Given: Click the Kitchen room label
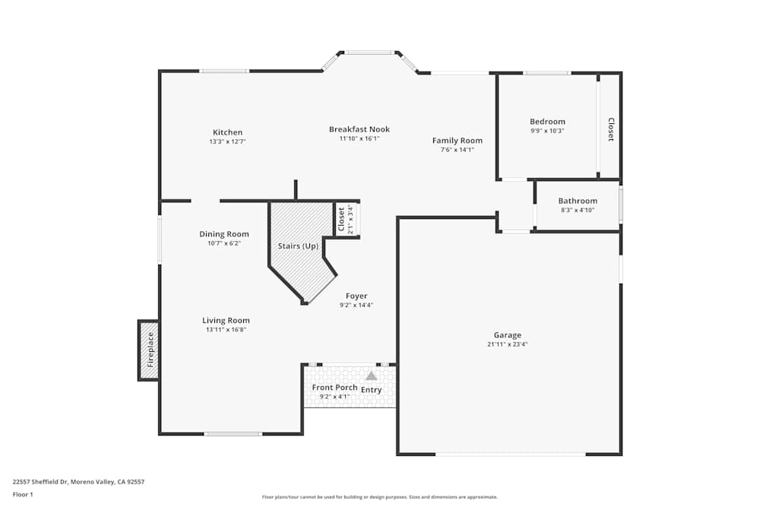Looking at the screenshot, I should (227, 132).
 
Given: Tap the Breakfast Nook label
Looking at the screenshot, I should (359, 129).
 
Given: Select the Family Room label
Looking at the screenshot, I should (457, 141).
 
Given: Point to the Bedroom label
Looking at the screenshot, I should (547, 122).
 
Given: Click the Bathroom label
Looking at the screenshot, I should (578, 201).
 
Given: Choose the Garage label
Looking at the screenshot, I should (507, 335).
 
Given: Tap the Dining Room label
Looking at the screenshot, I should (223, 234).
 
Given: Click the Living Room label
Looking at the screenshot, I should (226, 321).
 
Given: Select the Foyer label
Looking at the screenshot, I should (356, 296).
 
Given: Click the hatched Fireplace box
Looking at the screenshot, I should (149, 350).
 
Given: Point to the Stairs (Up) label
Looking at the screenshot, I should (299, 246).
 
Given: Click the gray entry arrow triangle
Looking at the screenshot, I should (371, 375).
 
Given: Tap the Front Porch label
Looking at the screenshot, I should (334, 388).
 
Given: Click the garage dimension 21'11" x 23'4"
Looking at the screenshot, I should (507, 344).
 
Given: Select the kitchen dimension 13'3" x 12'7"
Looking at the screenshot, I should (227, 141).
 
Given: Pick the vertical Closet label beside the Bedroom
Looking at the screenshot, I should (610, 129).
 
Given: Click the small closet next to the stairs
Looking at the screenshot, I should (347, 219).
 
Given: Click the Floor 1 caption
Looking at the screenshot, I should (23, 494).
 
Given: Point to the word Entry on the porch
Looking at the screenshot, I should (372, 390).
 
